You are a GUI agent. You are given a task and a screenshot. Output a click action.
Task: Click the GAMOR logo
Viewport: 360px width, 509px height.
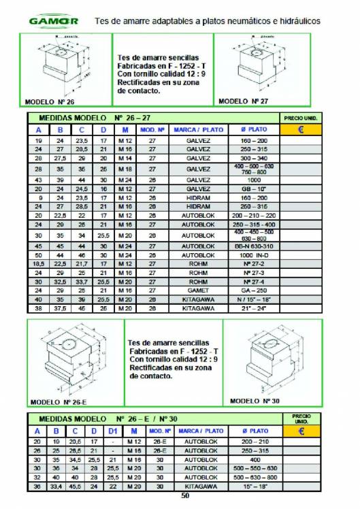54,21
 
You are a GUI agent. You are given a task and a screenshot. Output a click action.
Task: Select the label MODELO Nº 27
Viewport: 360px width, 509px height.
242,101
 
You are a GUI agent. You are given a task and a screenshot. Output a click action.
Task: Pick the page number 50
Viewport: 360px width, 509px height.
184,495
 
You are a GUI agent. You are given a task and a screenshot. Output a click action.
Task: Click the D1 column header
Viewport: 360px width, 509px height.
112,431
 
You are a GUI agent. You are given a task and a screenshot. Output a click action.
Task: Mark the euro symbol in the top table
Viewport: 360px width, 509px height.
301,129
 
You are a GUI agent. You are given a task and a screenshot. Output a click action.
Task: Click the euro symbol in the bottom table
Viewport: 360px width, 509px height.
301,431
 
